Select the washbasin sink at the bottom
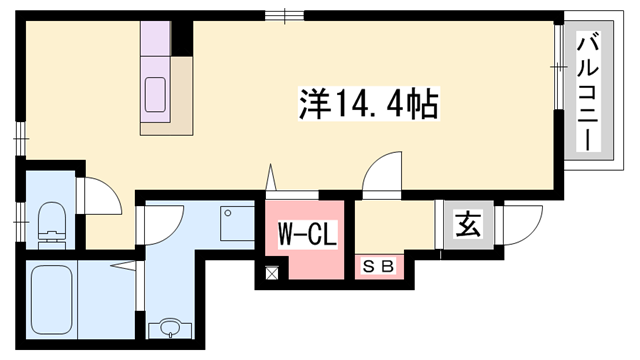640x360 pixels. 166,329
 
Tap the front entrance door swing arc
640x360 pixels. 523,223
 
